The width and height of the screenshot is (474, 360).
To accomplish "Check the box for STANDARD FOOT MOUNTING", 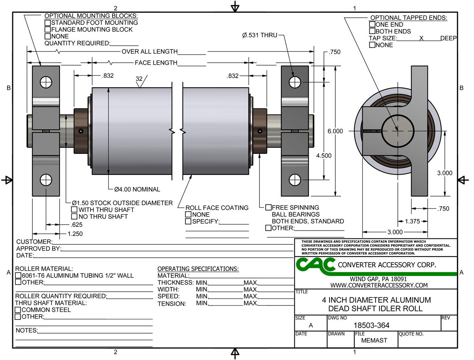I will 47,22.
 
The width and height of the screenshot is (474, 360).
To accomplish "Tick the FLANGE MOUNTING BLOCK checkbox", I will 47,29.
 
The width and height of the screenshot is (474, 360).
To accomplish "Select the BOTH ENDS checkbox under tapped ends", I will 372,31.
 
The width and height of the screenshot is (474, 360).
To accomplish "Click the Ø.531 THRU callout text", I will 260,36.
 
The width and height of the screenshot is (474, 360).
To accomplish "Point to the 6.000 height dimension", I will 335,131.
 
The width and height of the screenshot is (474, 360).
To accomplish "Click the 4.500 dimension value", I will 324,156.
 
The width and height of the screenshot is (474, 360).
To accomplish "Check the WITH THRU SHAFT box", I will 74,210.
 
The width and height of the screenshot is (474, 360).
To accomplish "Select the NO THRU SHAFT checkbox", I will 74,217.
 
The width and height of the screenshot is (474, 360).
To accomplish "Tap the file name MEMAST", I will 374,340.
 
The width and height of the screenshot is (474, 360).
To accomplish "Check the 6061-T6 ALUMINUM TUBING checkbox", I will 18,276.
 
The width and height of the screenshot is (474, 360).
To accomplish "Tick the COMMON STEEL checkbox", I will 18,310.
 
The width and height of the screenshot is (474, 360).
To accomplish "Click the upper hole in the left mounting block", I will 46,82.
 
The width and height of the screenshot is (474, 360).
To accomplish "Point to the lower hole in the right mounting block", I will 295,180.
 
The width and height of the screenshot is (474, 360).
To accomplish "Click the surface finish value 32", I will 139,79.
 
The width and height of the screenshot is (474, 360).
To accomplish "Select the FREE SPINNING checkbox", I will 269,207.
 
